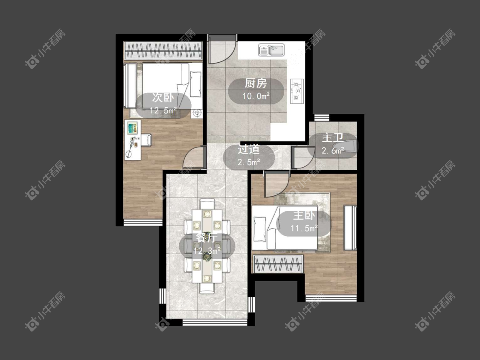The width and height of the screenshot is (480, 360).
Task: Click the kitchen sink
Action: (271, 50)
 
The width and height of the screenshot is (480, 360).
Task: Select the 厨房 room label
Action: (256, 83)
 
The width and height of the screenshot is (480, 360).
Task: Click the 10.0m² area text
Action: (256, 96)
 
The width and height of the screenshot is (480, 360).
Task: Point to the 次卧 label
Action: (163, 98)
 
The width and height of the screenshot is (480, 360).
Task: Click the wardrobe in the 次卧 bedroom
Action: (163, 50)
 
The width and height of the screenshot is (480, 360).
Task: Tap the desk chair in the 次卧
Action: (146, 140)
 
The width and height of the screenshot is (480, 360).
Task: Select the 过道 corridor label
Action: (249, 149)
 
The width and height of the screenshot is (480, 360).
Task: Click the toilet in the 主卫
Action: (345, 146)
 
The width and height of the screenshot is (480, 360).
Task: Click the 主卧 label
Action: (304, 215)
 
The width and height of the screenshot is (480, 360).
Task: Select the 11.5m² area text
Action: (304, 228)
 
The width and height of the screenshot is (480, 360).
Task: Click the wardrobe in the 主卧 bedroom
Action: (278, 264)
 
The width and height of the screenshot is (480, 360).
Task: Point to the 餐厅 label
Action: (207, 238)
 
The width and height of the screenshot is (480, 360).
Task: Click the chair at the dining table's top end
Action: (207, 203)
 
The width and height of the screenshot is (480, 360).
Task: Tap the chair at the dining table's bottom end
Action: (207, 288)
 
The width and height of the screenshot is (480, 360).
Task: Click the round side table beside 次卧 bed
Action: (197, 113)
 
